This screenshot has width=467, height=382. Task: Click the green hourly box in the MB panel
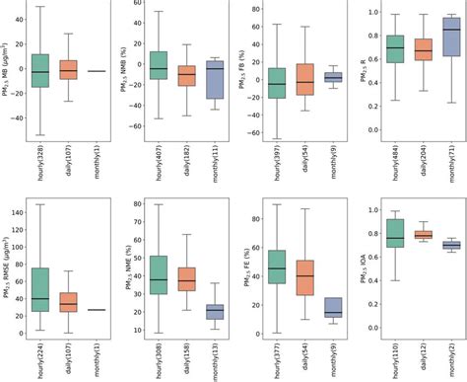40,71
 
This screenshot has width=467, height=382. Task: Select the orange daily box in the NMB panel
186,75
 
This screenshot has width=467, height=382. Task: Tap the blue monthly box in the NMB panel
215,79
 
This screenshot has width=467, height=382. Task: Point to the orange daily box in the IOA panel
424,234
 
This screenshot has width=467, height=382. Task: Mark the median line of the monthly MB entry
98,71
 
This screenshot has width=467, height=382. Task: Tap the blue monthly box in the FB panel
333,76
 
